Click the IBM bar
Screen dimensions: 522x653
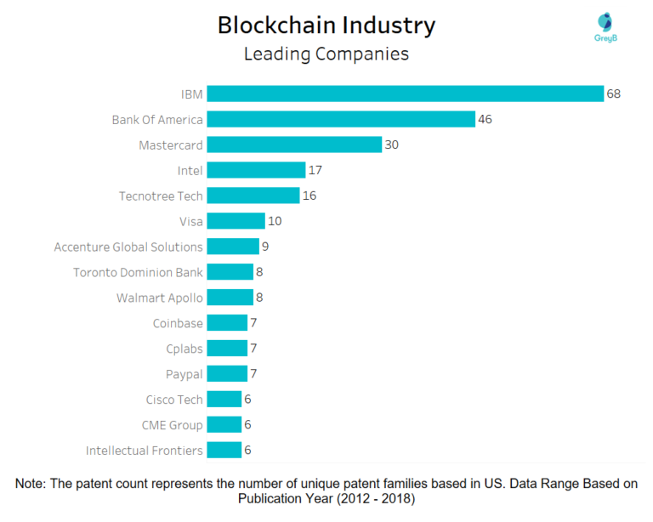(x=405, y=94)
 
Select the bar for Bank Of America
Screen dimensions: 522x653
(x=340, y=119)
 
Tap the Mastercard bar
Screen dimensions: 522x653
(x=293, y=145)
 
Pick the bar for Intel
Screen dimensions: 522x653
(x=255, y=170)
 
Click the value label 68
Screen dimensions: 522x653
(x=613, y=94)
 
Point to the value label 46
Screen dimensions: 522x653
(x=485, y=119)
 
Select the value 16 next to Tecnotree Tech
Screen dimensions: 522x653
(x=309, y=196)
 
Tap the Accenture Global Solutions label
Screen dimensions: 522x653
(x=128, y=247)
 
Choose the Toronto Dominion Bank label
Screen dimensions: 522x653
(x=138, y=272)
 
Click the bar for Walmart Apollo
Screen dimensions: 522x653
(x=230, y=298)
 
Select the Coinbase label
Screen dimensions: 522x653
(x=178, y=323)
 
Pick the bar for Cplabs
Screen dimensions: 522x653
(x=226, y=349)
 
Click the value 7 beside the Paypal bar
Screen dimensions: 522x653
(x=254, y=374)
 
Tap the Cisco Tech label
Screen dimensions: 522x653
(x=174, y=400)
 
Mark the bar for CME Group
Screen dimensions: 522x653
(x=224, y=425)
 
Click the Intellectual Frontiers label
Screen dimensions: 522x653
(x=145, y=451)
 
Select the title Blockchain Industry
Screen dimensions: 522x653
(x=326, y=25)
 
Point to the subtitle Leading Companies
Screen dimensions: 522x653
(x=326, y=54)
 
